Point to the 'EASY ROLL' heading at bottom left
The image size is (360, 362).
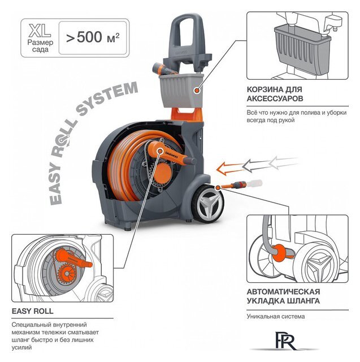point(33,311)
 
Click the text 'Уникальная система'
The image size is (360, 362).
point(275,316)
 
